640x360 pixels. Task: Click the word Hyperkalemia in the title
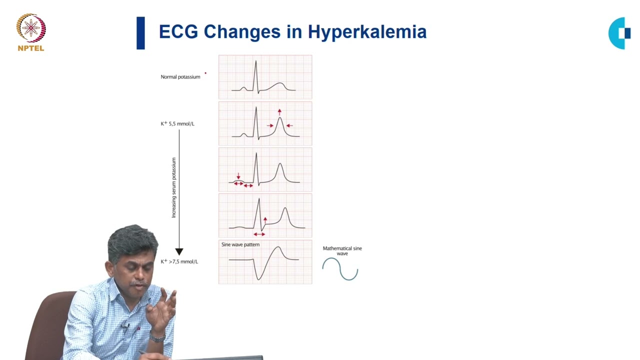point(367,32)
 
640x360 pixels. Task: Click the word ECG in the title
point(178,32)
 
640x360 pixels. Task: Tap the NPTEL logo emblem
point(31,28)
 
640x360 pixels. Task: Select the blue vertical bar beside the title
point(140,33)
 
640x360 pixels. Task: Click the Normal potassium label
point(180,77)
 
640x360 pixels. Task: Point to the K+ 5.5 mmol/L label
point(177,123)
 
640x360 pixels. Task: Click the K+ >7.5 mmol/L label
point(179,261)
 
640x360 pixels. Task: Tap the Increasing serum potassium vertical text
point(174,187)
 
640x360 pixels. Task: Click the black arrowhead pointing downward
point(179,251)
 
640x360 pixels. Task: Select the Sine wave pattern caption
point(240,245)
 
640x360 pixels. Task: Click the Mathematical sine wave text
point(342,250)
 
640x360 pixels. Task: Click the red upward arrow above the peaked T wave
point(279,112)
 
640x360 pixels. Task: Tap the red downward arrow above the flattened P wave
point(238,176)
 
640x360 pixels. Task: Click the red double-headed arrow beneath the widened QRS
point(259,234)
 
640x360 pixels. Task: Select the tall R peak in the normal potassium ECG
point(255,62)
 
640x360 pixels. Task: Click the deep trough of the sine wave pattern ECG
point(259,278)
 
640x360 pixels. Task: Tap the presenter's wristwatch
point(157,338)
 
